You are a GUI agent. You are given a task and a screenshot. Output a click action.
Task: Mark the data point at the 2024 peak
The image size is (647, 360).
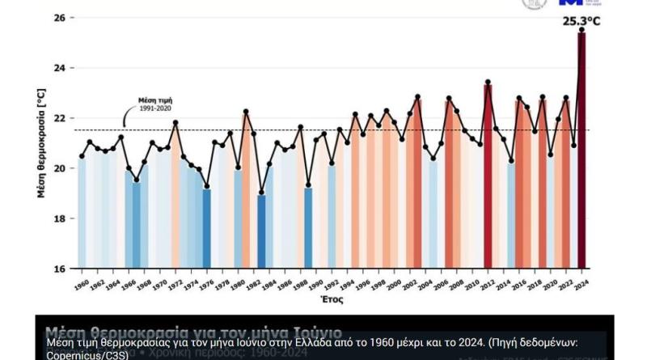click(581, 30)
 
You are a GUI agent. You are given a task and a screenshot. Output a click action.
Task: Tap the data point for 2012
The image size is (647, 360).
click(488, 83)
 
